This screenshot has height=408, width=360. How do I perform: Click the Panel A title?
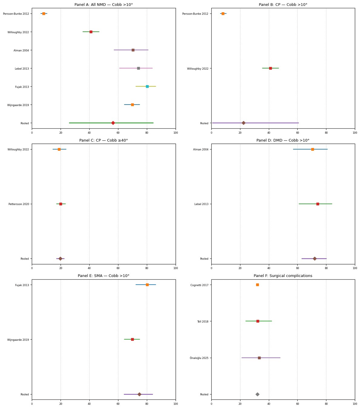coord(104,5)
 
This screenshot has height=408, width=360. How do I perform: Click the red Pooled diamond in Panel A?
coord(113,123)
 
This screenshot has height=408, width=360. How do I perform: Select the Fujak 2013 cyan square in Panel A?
coord(147,87)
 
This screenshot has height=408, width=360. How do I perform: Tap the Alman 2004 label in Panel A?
coord(21,50)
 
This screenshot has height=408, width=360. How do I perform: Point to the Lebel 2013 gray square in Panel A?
coord(138,68)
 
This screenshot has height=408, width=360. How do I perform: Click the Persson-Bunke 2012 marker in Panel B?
coord(223,14)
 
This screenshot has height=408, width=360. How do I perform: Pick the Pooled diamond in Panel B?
coord(244,123)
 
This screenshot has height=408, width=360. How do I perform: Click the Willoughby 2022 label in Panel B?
coord(198,69)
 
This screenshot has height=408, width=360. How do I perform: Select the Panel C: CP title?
coord(104,140)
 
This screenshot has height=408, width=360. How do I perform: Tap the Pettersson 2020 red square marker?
coord(61,204)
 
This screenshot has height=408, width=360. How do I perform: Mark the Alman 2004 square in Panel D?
coord(312,149)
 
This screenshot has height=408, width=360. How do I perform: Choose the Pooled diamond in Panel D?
coord(314,259)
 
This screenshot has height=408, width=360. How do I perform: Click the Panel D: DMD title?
coord(283,140)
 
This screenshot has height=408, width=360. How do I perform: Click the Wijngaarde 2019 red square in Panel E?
coord(132,339)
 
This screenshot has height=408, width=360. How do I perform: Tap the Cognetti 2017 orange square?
coord(257,285)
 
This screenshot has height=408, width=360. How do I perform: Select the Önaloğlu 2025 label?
coord(199,358)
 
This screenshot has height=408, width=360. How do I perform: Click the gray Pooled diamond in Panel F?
coord(257,394)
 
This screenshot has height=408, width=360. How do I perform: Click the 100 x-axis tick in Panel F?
coord(355,404)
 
